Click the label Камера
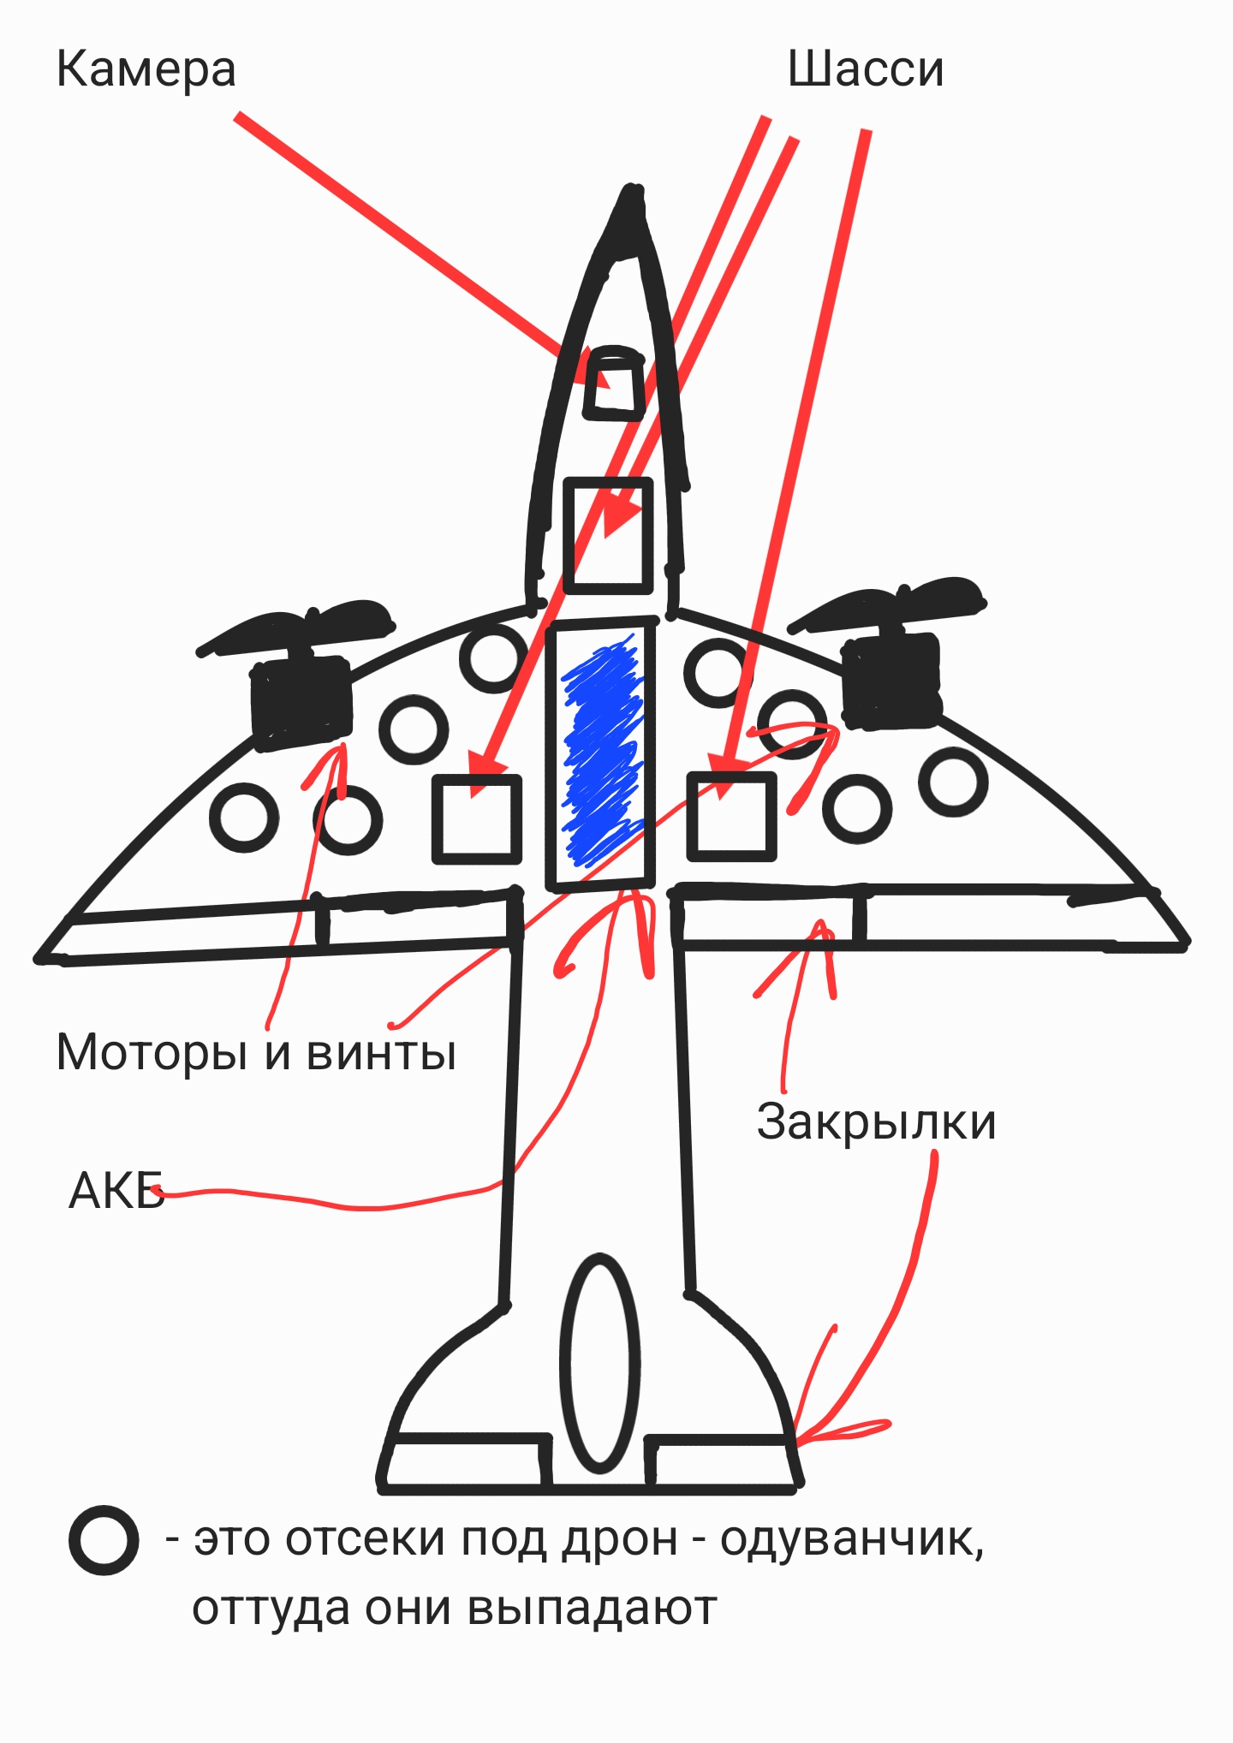click(x=146, y=70)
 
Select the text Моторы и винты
click(x=256, y=1051)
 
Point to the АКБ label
click(x=116, y=1190)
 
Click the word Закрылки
click(x=876, y=1121)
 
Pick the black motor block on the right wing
click(x=892, y=681)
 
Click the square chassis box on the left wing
click(x=477, y=819)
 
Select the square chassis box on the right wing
click(x=732, y=816)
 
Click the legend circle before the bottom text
click(x=104, y=1539)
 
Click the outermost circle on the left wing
click(x=244, y=817)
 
